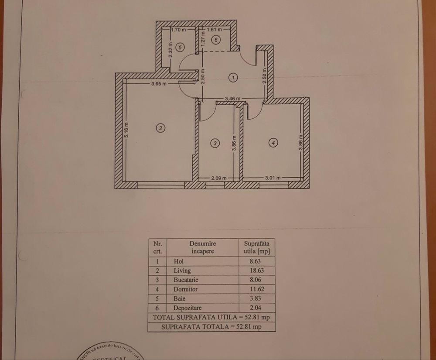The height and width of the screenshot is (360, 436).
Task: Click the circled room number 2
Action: click(x=161, y=128)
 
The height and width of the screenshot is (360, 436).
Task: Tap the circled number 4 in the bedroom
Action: click(x=273, y=142)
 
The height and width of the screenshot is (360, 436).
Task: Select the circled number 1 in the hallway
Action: click(x=234, y=78)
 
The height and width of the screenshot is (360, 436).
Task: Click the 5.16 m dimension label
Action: click(x=126, y=131)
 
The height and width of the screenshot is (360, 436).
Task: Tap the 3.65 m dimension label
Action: click(x=159, y=84)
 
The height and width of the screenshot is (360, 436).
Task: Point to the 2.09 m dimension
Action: click(x=219, y=178)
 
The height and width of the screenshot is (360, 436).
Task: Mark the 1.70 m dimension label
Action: click(x=178, y=31)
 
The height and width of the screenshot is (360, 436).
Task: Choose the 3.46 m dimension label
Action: click(x=232, y=99)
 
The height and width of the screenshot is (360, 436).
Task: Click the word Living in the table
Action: click(x=182, y=271)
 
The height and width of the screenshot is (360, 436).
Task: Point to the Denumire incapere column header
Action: click(x=203, y=247)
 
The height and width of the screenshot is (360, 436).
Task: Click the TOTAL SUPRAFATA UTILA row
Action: click(x=211, y=317)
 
